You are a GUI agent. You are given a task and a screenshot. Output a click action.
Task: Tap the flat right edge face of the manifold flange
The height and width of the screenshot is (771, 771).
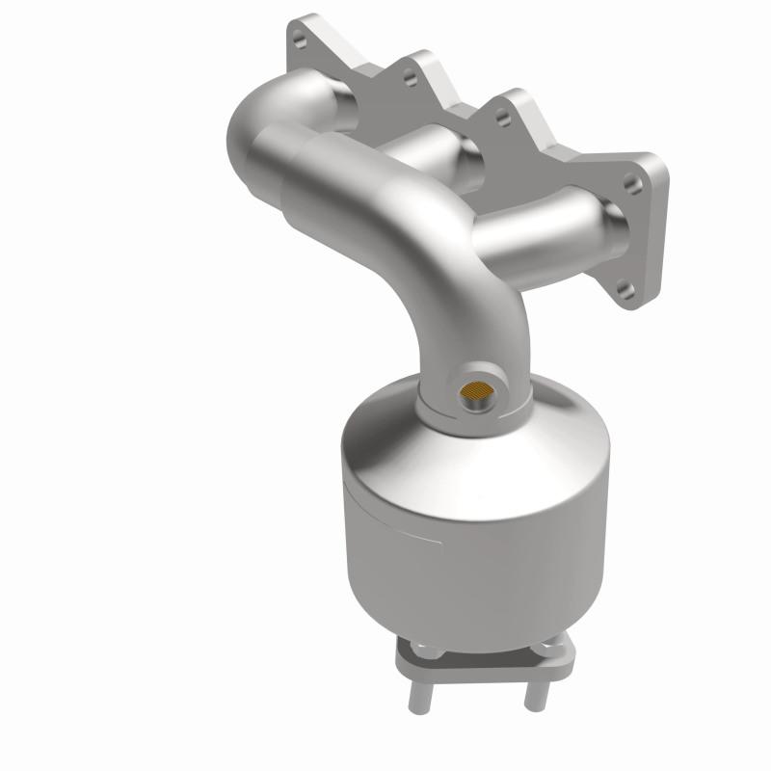pyautogui.click(x=657, y=231)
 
